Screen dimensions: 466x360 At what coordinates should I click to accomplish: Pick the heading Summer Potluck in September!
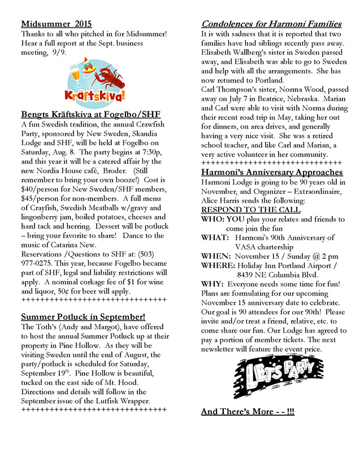pyautogui.click(x=83, y=317)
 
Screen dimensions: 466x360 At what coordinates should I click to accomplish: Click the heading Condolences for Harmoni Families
pyautogui.click(x=271, y=24)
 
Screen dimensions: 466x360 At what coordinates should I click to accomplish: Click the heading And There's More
pyautogui.click(x=247, y=411)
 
